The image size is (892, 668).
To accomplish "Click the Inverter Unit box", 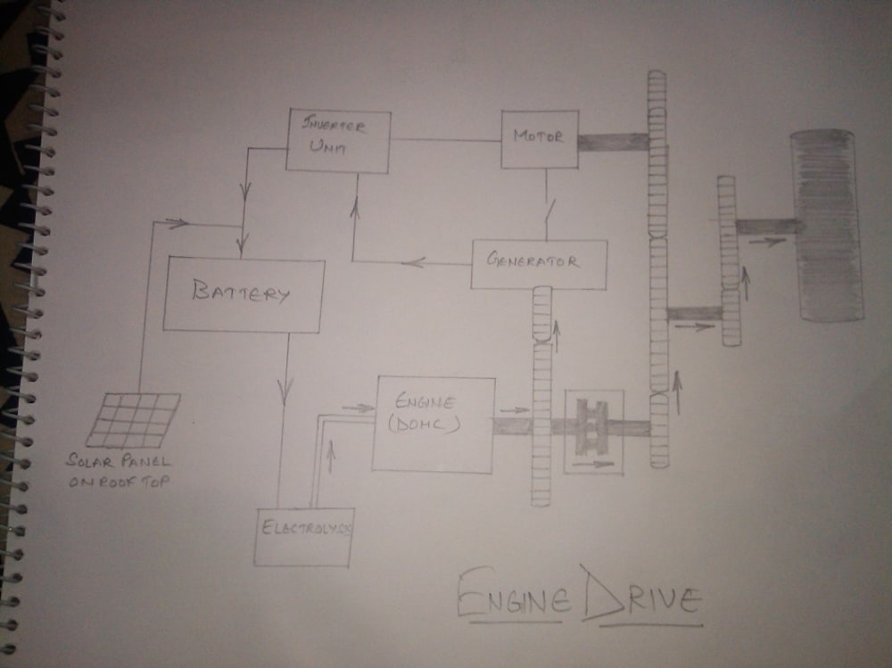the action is [338, 141].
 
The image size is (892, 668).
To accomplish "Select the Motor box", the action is [539, 138].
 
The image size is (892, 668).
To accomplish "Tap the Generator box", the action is [539, 263].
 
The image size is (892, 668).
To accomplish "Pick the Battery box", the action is [243, 295].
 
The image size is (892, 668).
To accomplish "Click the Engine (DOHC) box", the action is [434, 424].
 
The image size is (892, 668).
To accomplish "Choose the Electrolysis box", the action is [303, 536].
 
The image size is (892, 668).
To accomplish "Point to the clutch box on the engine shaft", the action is [592, 431].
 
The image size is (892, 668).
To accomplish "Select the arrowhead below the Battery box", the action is [287, 390].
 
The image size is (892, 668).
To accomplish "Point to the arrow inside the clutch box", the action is [592, 464].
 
